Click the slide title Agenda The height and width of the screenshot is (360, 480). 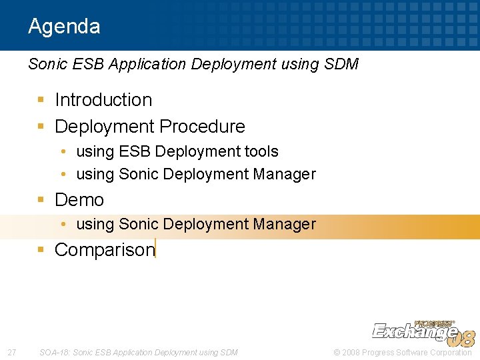tap(64, 26)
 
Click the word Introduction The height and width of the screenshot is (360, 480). tap(103, 100)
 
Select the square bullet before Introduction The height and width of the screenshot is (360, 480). tap(41, 100)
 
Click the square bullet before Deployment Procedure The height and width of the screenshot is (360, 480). tap(41, 127)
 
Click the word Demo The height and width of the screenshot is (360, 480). tap(79, 200)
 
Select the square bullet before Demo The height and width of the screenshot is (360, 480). tap(41, 200)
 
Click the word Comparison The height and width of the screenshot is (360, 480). tap(104, 250)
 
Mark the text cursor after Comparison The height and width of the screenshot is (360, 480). tap(155, 249)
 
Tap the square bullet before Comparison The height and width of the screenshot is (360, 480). tap(41, 250)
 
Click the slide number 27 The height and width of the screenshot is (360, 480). tap(11, 352)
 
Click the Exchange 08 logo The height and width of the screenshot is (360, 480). tap(423, 331)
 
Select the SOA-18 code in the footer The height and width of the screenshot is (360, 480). tap(54, 352)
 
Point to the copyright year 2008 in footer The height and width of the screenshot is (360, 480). tap(351, 352)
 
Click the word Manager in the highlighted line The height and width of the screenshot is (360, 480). tap(285, 225)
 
